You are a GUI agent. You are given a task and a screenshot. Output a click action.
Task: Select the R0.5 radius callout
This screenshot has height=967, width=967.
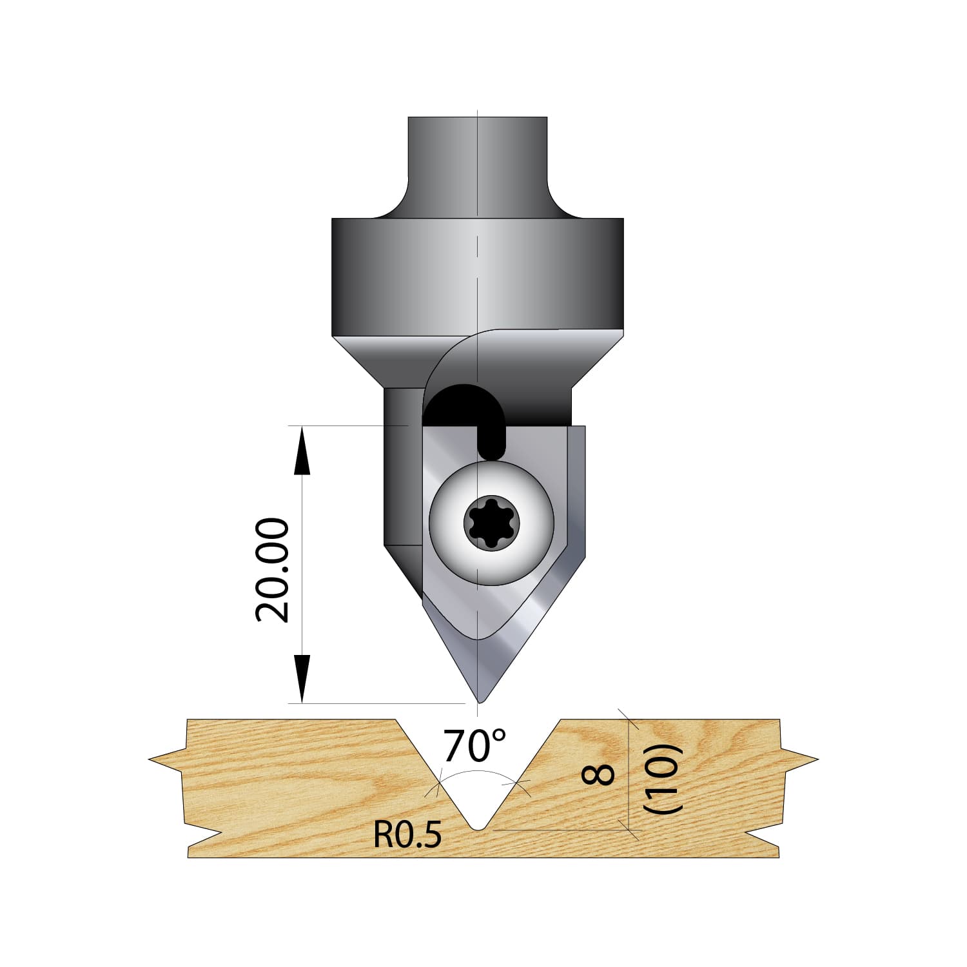[x=407, y=836]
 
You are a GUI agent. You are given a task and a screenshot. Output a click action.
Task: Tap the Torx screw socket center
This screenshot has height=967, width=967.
[x=491, y=523]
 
